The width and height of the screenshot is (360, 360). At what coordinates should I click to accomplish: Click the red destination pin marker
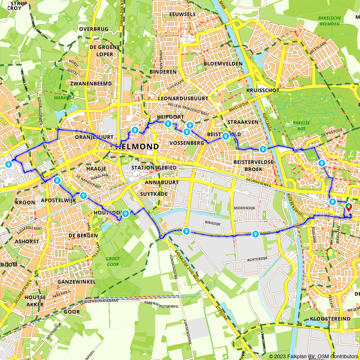pos(348,207)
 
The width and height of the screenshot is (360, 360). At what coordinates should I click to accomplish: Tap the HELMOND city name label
pos(137,147)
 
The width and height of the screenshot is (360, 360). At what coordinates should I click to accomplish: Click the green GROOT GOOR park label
pos(113,261)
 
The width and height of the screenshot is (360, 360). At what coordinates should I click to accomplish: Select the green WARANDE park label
pos(64,98)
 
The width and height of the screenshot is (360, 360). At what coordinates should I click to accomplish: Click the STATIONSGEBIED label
pos(154,168)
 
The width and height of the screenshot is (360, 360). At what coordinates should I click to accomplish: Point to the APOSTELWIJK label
pos(58,200)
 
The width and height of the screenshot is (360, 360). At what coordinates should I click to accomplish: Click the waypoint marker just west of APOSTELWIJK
pos(57,180)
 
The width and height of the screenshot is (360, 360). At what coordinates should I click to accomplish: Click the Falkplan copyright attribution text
pos(314,356)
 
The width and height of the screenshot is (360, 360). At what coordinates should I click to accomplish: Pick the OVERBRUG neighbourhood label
pos(94,29)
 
